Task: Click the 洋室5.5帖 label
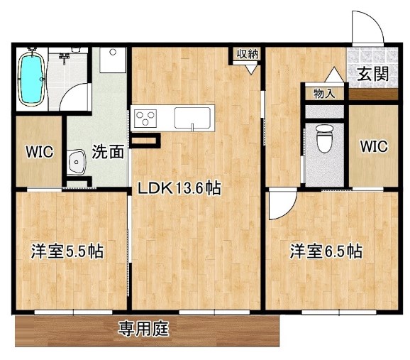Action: [x=67, y=251]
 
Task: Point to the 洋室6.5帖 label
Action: [x=326, y=251]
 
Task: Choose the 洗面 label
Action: [x=108, y=151]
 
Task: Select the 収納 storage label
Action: [x=247, y=53]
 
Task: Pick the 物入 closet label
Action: [x=325, y=92]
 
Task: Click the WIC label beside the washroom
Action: [x=38, y=151]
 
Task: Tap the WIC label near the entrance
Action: [x=373, y=147]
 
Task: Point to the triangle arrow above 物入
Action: [x=333, y=74]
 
